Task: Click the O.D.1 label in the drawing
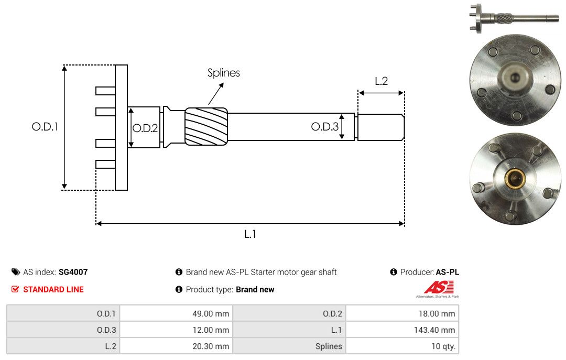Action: point(45,127)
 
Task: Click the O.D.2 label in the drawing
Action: point(145,128)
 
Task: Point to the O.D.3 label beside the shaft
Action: point(325,126)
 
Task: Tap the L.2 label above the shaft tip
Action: point(381,81)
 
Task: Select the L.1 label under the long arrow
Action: point(250,234)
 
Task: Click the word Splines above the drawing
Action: point(223,73)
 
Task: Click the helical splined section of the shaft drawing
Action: point(206,126)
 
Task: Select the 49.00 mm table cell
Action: point(176,313)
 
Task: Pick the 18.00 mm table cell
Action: point(402,313)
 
